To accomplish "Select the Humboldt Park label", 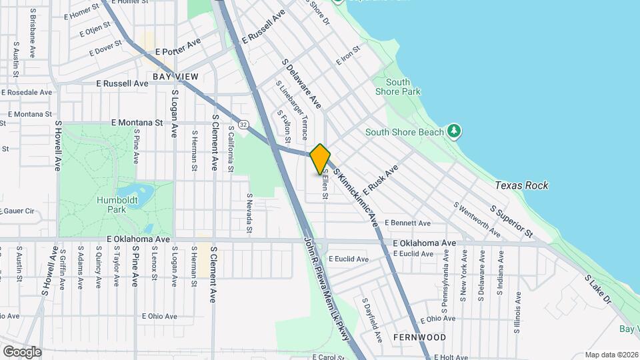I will (111, 205).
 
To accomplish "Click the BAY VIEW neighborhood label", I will (175, 77).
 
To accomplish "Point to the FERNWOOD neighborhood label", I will (419, 337).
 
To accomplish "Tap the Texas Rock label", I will (521, 185).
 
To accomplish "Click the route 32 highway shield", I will (244, 124).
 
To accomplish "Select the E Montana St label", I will (137, 123).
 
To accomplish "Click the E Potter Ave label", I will (178, 51).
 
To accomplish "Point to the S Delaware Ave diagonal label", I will (301, 84).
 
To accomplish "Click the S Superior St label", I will (511, 221).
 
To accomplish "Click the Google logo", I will (21, 351).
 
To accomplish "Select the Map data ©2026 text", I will (611, 355).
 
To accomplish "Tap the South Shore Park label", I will (397, 87).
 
